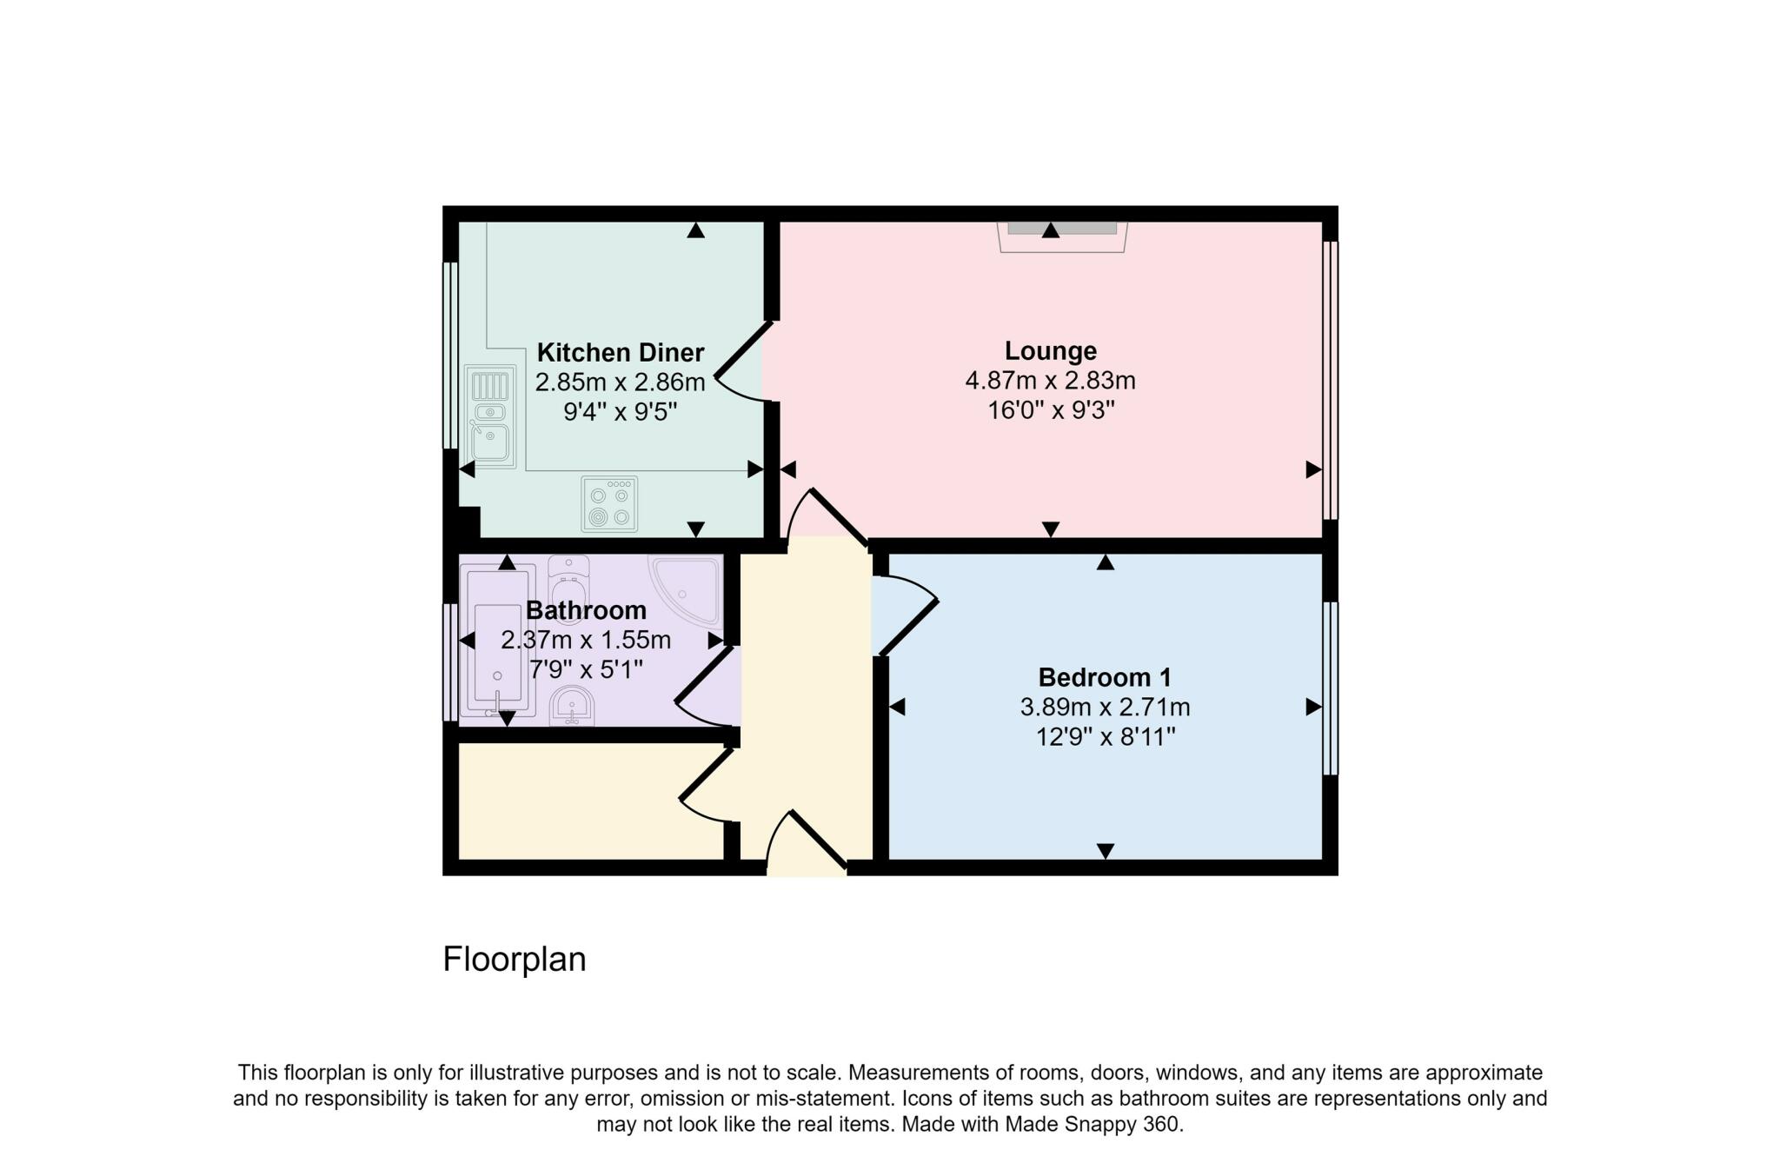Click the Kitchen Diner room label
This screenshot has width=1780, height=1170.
[x=620, y=353]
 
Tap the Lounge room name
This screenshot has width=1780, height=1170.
[x=1050, y=351]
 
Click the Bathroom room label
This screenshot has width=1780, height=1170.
[x=586, y=610]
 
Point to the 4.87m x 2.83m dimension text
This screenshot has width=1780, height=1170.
[x=1050, y=381]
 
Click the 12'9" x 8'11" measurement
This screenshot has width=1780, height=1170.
[x=1105, y=737]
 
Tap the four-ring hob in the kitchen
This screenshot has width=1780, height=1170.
[x=609, y=504]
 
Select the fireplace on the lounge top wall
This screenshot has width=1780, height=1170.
[x=1062, y=236]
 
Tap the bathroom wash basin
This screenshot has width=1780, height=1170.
[x=572, y=705]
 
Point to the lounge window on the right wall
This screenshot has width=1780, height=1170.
[x=1330, y=380]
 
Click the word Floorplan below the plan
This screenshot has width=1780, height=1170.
[x=515, y=960]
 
